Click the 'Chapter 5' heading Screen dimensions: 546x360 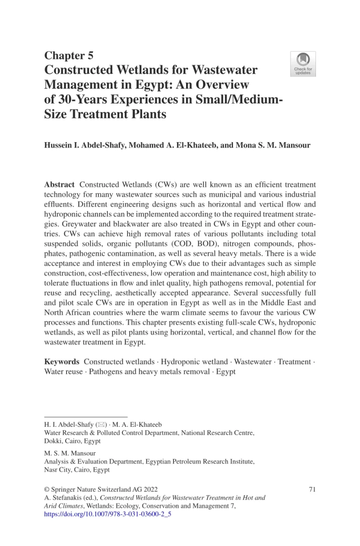[x=68, y=56]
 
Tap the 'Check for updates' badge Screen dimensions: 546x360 [x=303, y=64]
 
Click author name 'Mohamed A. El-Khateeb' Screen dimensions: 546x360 [x=172, y=145]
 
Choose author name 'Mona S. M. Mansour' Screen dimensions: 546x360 [x=269, y=145]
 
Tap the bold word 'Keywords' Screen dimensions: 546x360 [x=61, y=362]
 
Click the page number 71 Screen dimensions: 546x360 [x=312, y=490]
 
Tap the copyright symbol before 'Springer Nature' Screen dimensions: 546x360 [x=46, y=490]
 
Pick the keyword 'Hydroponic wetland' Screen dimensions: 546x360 [x=193, y=362]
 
